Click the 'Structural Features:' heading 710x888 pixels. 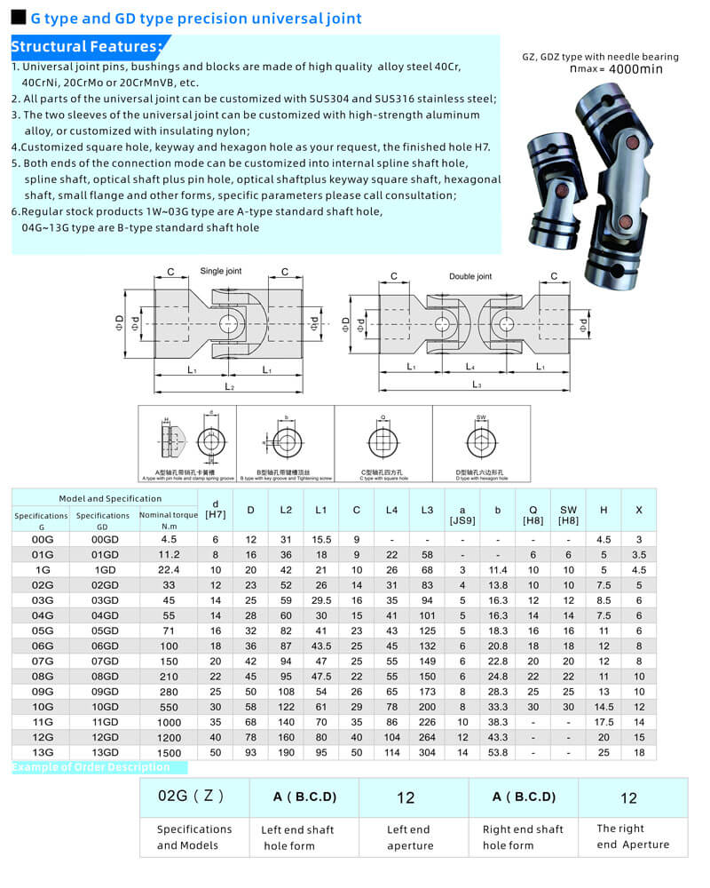(x=86, y=46)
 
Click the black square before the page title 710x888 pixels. (x=18, y=17)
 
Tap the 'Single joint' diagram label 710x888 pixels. (x=220, y=271)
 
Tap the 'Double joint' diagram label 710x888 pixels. (x=469, y=276)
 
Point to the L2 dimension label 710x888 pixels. (x=229, y=387)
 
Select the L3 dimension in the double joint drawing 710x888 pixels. (x=477, y=385)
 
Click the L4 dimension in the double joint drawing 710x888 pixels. (x=471, y=366)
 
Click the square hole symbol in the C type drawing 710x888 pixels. (x=383, y=441)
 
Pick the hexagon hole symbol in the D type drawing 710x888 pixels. (x=481, y=441)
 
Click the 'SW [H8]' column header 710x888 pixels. (x=568, y=515)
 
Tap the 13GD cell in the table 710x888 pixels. (x=104, y=753)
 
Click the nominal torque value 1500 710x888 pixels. (x=168, y=753)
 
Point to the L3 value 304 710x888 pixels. (x=427, y=753)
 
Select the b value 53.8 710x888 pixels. (x=498, y=753)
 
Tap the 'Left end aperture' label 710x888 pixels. (x=408, y=837)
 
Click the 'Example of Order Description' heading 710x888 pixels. (x=91, y=767)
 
